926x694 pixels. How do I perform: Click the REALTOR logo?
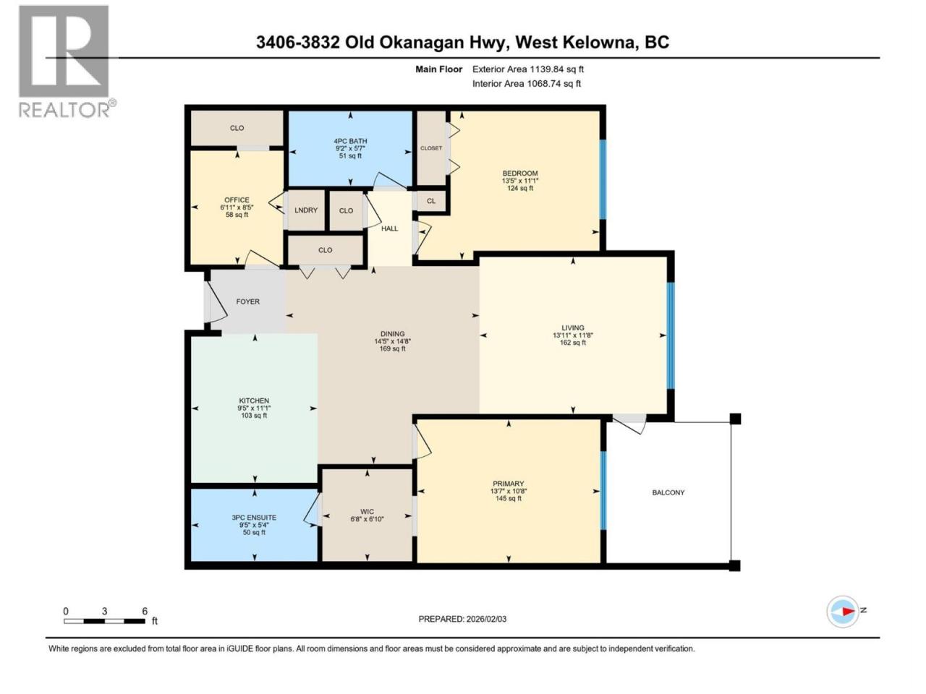click(67, 61)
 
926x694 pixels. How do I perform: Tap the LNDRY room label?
click(306, 210)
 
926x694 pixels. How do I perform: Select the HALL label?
click(389, 228)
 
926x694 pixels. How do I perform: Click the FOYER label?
click(247, 301)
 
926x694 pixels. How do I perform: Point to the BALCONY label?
click(668, 492)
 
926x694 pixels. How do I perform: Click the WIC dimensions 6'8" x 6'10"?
click(367, 519)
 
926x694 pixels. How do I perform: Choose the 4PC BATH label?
click(351, 141)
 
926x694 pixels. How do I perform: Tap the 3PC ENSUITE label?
click(254, 518)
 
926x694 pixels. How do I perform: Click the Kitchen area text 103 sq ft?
click(254, 416)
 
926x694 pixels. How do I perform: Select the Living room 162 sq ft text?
click(573, 343)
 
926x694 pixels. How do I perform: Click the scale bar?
click(105, 621)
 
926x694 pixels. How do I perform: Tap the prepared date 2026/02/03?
click(486, 619)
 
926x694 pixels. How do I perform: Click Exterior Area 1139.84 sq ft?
click(528, 69)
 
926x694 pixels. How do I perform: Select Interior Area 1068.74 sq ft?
click(527, 83)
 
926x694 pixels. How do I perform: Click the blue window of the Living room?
click(671, 335)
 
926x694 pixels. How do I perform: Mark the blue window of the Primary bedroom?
click(603, 490)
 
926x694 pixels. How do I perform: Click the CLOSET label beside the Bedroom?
click(431, 148)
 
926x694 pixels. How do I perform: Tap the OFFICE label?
click(237, 200)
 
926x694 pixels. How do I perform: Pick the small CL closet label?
click(430, 201)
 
